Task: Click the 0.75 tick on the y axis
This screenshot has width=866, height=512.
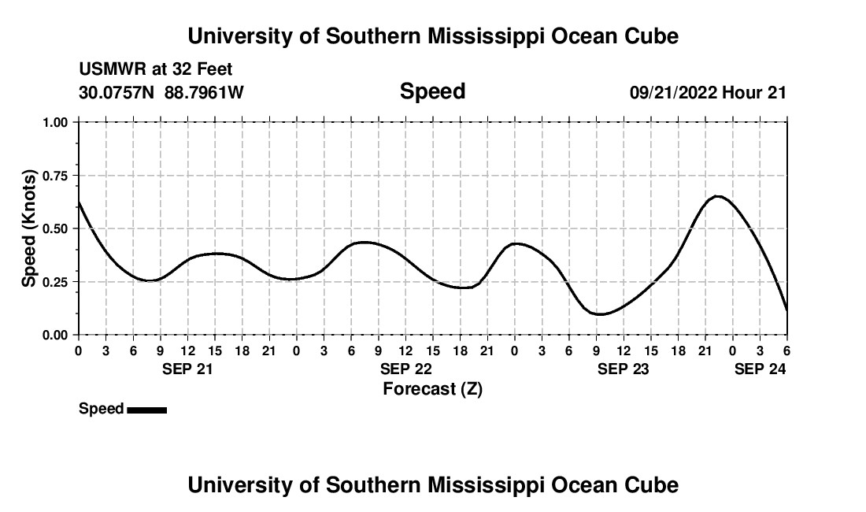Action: coord(56,176)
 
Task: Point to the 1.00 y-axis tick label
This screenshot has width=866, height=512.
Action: coord(56,122)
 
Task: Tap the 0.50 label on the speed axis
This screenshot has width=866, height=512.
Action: coord(56,228)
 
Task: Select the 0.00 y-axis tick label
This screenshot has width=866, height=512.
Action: coord(56,335)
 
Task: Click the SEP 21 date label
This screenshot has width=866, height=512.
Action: coord(187,369)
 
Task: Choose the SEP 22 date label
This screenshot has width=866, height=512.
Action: coord(405,369)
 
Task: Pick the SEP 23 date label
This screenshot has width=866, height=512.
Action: coord(624,369)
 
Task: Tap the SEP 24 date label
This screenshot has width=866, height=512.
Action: coord(760,369)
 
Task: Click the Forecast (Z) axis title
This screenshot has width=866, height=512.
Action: coord(432,388)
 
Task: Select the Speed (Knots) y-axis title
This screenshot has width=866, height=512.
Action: coord(29,228)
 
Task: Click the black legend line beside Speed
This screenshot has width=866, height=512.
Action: coord(146,410)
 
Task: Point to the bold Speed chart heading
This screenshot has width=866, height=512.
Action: coord(432,91)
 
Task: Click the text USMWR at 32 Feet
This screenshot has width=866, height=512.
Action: coord(156,70)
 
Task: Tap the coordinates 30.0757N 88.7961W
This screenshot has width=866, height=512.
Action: coord(161,92)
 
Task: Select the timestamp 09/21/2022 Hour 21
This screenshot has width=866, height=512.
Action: coord(708,92)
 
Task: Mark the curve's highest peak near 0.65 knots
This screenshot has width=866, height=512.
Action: coord(717,196)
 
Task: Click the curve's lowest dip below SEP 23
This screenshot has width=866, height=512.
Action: coord(600,314)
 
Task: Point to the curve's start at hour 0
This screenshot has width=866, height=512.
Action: coord(79,202)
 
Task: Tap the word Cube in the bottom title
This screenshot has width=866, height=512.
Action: coord(656,485)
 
